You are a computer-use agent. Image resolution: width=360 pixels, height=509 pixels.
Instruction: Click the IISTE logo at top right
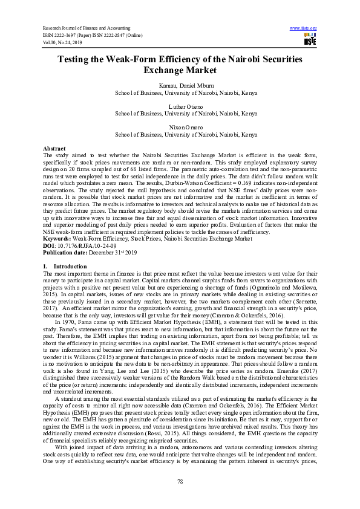click(x=309, y=40)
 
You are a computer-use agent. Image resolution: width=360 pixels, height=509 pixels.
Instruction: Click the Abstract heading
click(x=54, y=148)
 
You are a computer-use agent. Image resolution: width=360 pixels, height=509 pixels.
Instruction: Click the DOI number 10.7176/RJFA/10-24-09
click(x=82, y=246)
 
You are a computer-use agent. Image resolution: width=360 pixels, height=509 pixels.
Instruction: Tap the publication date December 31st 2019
click(x=109, y=253)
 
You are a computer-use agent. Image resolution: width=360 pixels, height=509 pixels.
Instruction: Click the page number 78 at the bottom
click(x=180, y=481)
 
